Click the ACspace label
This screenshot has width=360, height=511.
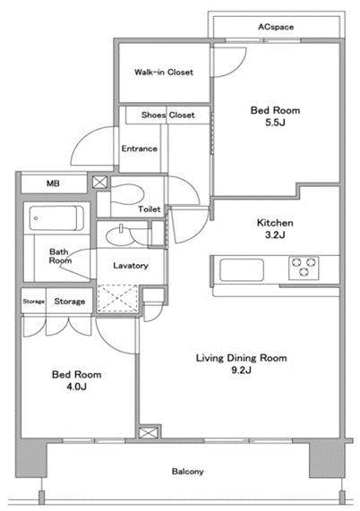pyautogui.click(x=276, y=27)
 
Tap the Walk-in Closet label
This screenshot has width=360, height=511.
pyautogui.click(x=164, y=72)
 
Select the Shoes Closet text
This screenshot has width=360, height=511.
pyautogui.click(x=168, y=115)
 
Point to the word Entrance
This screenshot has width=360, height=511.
pyautogui.click(x=139, y=149)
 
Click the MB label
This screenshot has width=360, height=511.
pyautogui.click(x=53, y=183)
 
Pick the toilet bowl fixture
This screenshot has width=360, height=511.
pyautogui.click(x=126, y=194)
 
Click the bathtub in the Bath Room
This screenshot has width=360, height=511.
pyautogui.click(x=56, y=218)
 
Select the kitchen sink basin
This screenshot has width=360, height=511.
pyautogui.click(x=242, y=270)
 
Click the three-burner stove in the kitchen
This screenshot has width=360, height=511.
pyautogui.click(x=304, y=268)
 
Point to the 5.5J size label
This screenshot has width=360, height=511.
pyautogui.click(x=275, y=123)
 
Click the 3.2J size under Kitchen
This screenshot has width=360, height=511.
pyautogui.click(x=275, y=234)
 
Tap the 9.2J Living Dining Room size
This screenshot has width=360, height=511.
pyautogui.click(x=241, y=370)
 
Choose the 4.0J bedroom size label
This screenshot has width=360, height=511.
pyautogui.click(x=76, y=387)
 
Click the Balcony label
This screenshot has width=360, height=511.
pyautogui.click(x=187, y=472)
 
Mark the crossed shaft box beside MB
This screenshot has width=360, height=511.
pyautogui.click(x=99, y=183)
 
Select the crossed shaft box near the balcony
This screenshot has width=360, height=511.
pyautogui.click(x=149, y=432)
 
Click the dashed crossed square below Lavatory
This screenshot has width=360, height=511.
pyautogui.click(x=117, y=299)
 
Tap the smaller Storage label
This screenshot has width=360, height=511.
pyautogui.click(x=34, y=302)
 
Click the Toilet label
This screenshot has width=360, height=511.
pyautogui.click(x=150, y=209)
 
